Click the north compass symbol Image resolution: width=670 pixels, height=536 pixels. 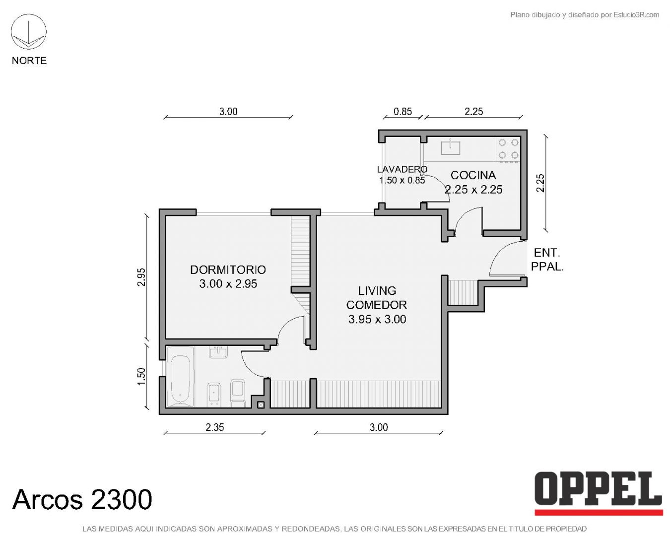point(29,31)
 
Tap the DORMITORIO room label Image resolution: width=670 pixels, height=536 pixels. point(228,269)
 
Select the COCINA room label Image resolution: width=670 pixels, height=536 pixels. point(473,175)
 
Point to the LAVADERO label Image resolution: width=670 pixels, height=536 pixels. point(402,169)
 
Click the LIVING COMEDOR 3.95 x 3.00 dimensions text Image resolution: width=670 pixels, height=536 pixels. point(377,319)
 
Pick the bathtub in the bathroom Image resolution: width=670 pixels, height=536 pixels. point(181,377)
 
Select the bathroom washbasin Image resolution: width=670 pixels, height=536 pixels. point(218,352)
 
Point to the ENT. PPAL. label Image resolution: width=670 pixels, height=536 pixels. point(547,260)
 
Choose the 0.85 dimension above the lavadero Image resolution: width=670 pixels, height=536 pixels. point(402,112)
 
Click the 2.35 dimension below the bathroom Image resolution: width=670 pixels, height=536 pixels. point(214,427)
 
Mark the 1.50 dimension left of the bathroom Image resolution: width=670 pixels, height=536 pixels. point(141,376)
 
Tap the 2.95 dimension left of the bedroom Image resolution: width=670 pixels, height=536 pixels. point(141,277)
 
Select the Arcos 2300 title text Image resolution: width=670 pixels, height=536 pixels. point(82,499)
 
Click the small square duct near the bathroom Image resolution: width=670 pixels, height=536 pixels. point(261,405)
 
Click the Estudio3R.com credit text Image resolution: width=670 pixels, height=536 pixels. point(584,14)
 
